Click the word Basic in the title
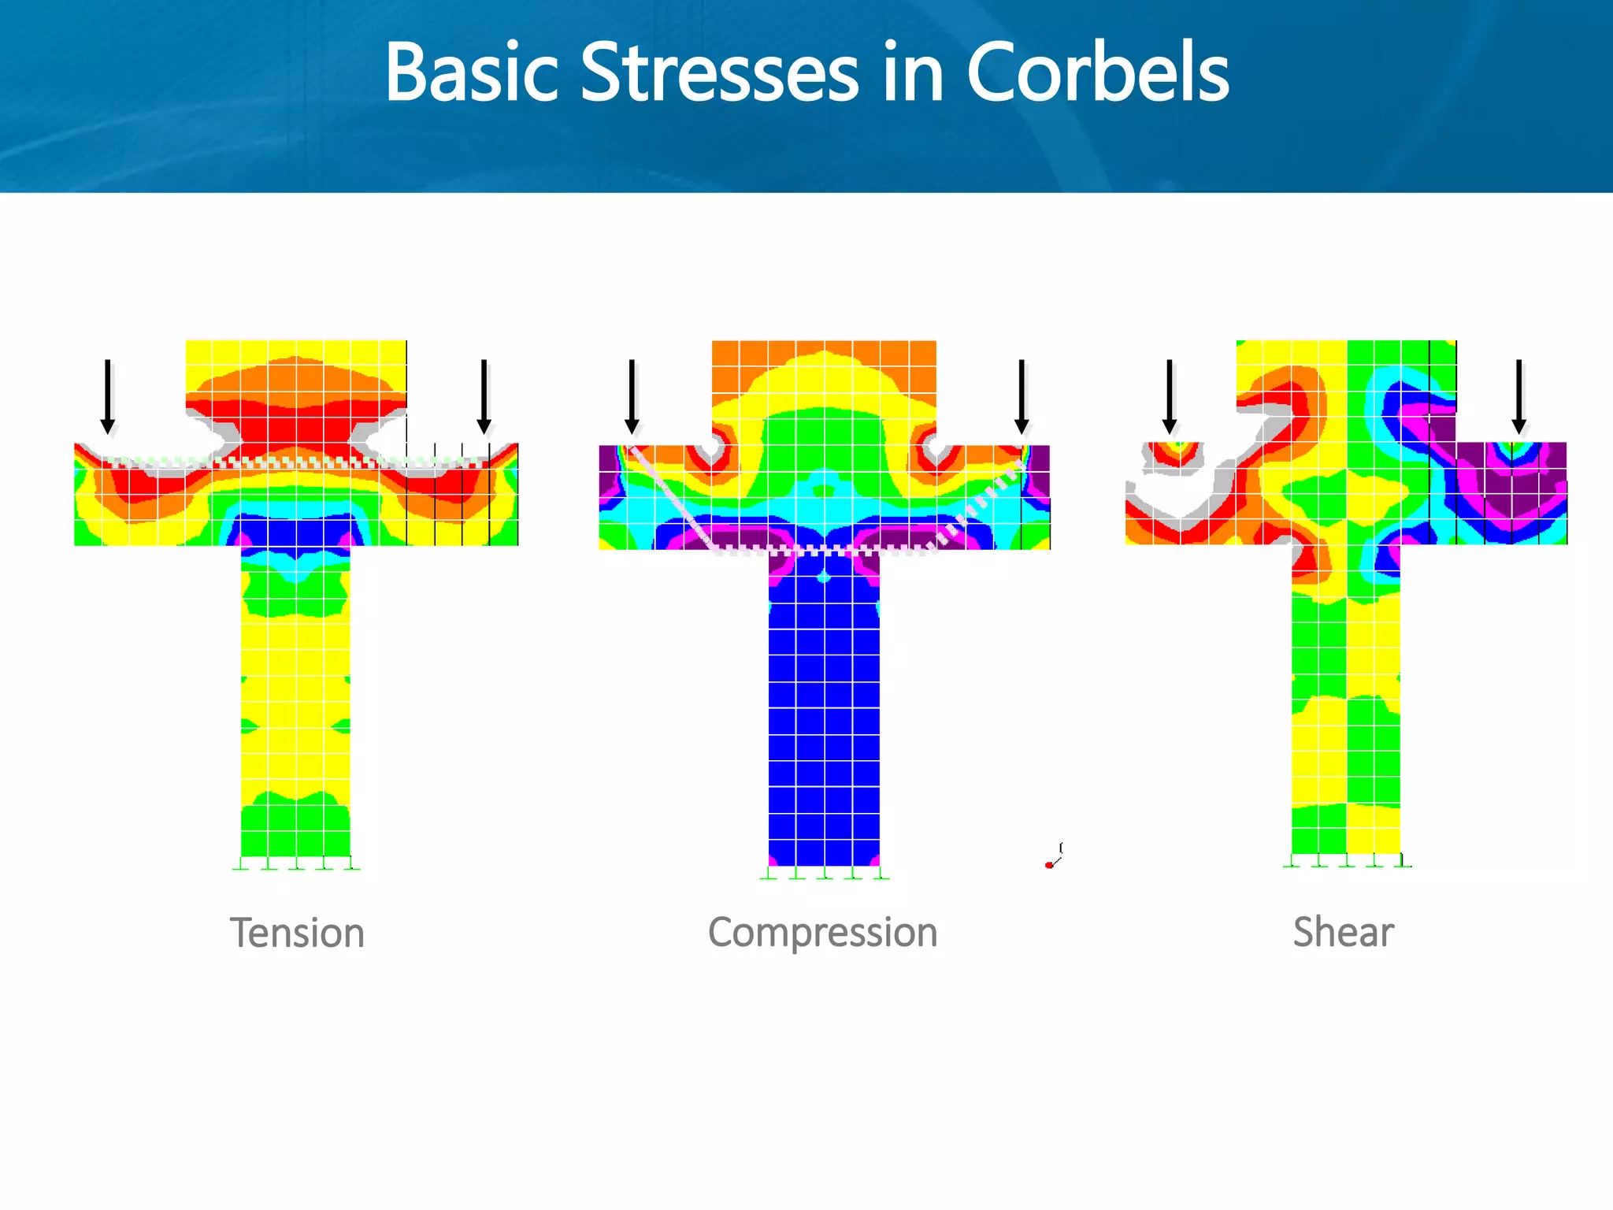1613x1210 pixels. point(471,72)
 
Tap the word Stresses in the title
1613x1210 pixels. point(719,72)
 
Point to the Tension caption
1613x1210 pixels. point(297,933)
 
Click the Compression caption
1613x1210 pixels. point(822,933)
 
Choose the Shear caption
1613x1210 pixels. point(1343,933)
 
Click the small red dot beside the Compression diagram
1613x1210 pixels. point(1049,865)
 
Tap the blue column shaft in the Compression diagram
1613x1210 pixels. point(824,709)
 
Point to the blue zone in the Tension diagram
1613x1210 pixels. point(295,532)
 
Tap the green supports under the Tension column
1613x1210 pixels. point(296,864)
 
